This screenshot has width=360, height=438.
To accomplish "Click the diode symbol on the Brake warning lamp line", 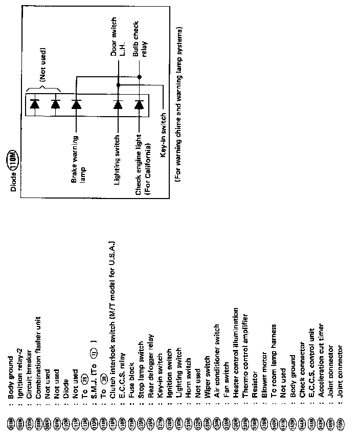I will click(x=76, y=104).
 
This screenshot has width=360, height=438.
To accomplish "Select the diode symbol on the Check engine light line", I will click(x=139, y=104).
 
